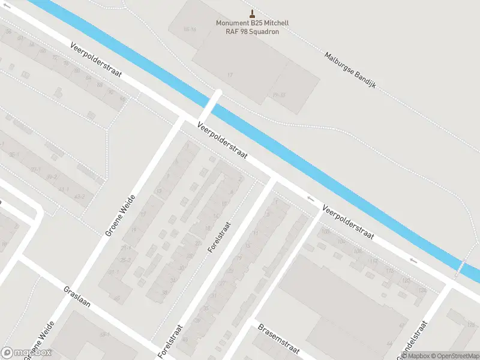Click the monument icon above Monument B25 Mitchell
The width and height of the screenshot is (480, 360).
pyautogui.click(x=252, y=14)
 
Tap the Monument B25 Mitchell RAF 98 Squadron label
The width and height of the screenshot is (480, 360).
pyautogui.click(x=252, y=28)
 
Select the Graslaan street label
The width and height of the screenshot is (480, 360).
pyautogui.click(x=77, y=296)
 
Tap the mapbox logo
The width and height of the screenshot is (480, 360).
pyautogui.click(x=26, y=353)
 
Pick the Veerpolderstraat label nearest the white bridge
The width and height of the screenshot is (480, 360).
pyautogui.click(x=222, y=138)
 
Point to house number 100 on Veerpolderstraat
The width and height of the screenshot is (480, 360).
pyautogui.click(x=326, y=232)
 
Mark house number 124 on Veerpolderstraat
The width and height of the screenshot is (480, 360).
pyautogui.click(x=422, y=290)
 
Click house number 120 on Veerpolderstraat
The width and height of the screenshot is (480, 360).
pyautogui.click(x=406, y=280)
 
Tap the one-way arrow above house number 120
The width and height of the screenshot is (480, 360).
pyautogui.click(x=413, y=260)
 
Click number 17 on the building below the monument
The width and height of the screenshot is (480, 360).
pyautogui.click(x=229, y=74)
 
